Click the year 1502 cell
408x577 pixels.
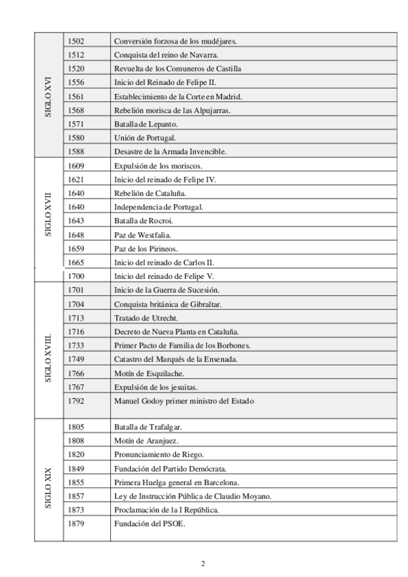click(77, 41)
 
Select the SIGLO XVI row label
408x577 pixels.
click(48, 96)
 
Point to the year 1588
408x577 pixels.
click(77, 151)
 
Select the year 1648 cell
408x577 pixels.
click(77, 235)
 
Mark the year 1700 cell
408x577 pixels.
click(77, 276)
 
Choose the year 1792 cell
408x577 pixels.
click(77, 401)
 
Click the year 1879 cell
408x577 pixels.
click(77, 524)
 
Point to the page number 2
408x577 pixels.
click(203, 563)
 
